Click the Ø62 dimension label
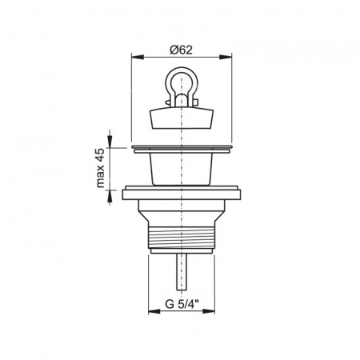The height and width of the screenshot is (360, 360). tap(181, 50)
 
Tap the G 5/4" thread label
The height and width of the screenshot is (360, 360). tap(182, 304)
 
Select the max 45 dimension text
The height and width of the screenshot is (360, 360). tap(100, 168)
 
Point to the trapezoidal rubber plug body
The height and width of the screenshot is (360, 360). tap(182, 118)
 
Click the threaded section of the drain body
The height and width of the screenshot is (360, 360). tap(182, 238)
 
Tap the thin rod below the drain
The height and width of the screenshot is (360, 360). tap(182, 272)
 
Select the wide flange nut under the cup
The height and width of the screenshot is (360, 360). tap(182, 193)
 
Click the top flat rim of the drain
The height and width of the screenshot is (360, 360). tap(182, 148)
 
